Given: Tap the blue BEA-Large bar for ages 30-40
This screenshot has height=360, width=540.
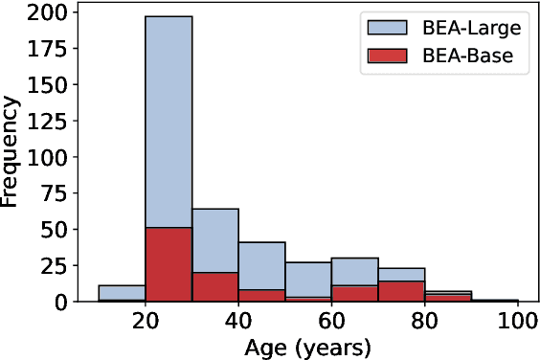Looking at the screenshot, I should pyautogui.click(x=215, y=239).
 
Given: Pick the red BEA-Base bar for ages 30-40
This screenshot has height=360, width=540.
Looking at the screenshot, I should pyautogui.click(x=215, y=286).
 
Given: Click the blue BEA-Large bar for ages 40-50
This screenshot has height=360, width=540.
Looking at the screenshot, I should pyautogui.click(x=261, y=265).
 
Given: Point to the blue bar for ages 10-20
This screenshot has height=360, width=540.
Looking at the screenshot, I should pyautogui.click(x=122, y=292).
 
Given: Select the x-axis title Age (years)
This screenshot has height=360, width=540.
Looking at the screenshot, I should pyautogui.click(x=307, y=347).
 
